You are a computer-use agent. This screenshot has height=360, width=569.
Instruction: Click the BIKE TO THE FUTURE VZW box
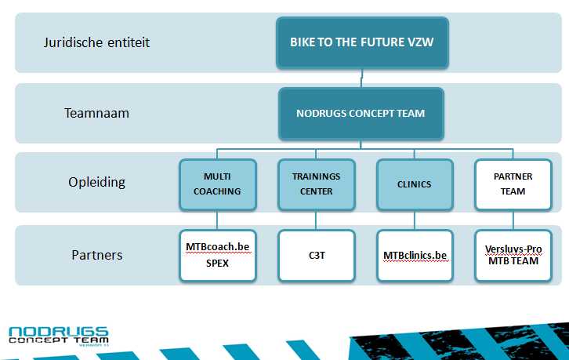[362, 43]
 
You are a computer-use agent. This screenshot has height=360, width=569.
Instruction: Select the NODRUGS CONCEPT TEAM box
[361, 114]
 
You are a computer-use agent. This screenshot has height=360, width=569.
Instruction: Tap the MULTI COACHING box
[218, 184]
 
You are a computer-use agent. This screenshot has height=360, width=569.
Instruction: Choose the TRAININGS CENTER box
[317, 184]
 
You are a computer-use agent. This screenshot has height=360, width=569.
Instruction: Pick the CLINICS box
[415, 184]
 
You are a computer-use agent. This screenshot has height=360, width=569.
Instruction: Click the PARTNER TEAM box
[513, 184]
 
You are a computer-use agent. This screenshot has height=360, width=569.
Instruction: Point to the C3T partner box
[317, 256]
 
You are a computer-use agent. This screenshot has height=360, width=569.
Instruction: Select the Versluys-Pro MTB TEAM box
[513, 256]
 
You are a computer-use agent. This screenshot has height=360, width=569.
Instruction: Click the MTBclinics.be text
[415, 256]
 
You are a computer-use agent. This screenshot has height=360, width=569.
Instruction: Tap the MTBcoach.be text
[218, 247]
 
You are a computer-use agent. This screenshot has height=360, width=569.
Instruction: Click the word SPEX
[217, 263]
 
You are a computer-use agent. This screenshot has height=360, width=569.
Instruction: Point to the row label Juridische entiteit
[96, 42]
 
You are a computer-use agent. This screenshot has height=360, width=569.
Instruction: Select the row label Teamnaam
[96, 113]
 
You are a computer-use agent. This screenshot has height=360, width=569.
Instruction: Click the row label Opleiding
[96, 182]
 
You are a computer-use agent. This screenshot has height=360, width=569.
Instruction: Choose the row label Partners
[97, 255]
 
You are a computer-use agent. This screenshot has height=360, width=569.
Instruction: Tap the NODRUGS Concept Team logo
[59, 336]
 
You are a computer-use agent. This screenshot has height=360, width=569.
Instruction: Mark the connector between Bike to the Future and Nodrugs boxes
[362, 78]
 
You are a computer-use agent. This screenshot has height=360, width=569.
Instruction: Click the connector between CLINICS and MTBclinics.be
[415, 220]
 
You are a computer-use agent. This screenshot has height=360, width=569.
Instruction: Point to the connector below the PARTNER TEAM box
[513, 220]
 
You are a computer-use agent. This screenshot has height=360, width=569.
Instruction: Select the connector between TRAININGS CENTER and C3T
[316, 220]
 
